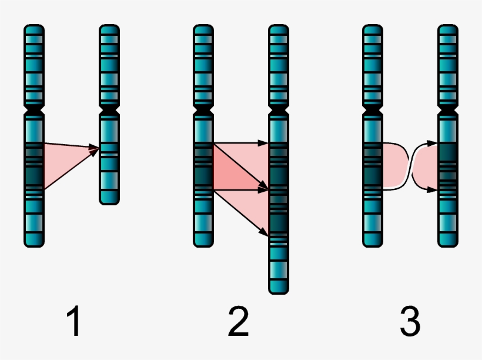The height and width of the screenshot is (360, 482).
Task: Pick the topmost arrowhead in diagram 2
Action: click(264, 142)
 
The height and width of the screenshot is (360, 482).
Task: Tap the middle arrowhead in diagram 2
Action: click(264, 190)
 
